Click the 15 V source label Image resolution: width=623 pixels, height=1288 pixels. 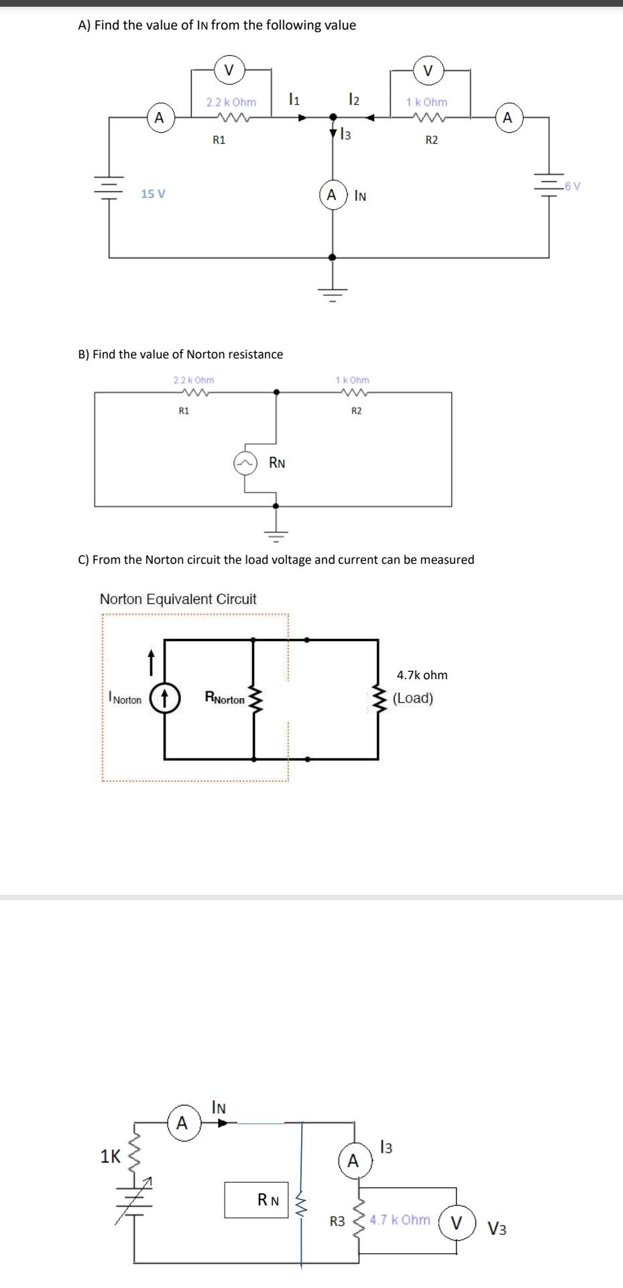pos(153,194)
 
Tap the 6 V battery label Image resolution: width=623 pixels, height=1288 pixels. pos(572,186)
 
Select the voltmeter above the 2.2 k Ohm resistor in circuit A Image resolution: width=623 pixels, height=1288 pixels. pos(229,69)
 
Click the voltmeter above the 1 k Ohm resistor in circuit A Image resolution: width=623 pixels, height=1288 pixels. pos(428,69)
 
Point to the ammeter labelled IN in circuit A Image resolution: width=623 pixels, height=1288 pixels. pos(332,195)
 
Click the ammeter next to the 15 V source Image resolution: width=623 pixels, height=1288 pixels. pos(158,117)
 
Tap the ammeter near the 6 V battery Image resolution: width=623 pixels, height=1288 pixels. pos(507,117)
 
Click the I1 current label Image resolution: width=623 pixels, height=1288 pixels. pos(293,100)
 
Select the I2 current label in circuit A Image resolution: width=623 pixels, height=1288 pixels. pos(354,100)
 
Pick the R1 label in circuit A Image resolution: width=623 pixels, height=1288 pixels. pos(219,140)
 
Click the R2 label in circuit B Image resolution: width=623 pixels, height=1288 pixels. pos(356,411)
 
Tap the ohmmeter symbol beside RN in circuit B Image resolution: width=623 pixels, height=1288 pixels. pos(245,463)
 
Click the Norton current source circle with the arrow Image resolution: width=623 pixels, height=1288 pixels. pos(164,698)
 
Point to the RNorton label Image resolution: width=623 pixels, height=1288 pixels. pos(225,699)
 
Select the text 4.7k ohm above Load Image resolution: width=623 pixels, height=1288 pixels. pos(422,675)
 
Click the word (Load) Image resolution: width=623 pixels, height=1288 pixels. pos(413,698)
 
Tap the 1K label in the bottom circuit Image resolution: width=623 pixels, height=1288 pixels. pos(110,1156)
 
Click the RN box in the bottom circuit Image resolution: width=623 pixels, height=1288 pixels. pos(256,1200)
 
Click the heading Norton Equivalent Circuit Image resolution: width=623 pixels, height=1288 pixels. pos(178,599)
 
